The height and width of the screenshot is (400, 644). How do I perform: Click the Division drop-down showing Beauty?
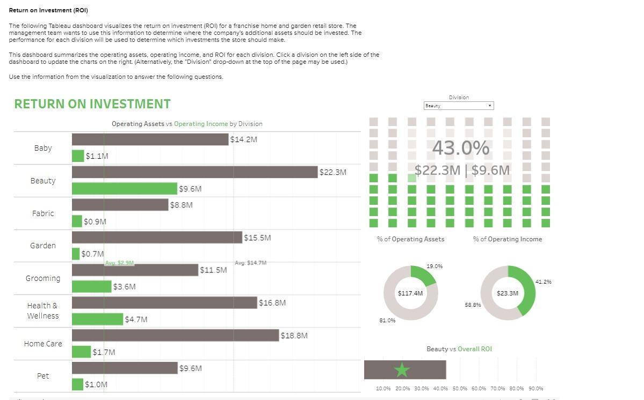click(x=458, y=106)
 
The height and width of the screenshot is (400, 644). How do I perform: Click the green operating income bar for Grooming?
click(x=91, y=287)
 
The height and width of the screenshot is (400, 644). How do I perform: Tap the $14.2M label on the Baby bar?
click(x=243, y=139)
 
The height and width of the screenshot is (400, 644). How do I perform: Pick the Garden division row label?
click(x=43, y=246)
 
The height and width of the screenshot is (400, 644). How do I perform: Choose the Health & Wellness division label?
click(x=43, y=310)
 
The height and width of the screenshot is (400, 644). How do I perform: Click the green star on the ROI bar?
click(x=402, y=370)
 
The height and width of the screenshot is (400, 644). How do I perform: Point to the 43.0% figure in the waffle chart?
click(x=460, y=148)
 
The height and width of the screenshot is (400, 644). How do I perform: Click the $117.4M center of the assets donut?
click(x=410, y=293)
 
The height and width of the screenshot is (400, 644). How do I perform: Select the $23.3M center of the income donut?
click(x=508, y=293)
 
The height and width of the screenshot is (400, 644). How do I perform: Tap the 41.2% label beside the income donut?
click(x=543, y=282)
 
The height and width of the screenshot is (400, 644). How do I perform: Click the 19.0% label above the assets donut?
click(x=435, y=266)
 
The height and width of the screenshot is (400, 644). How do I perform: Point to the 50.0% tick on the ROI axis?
click(x=460, y=389)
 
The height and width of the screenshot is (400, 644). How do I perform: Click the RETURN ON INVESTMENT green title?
click(x=92, y=104)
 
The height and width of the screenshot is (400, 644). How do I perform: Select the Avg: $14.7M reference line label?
click(x=250, y=263)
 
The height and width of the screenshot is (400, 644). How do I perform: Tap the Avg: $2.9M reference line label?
click(x=119, y=263)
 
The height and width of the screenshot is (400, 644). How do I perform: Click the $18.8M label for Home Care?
click(x=294, y=336)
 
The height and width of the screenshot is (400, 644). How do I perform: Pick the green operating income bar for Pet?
click(x=78, y=384)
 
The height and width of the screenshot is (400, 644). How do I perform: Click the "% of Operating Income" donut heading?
click(x=508, y=239)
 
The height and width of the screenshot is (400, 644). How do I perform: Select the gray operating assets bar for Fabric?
click(x=120, y=205)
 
